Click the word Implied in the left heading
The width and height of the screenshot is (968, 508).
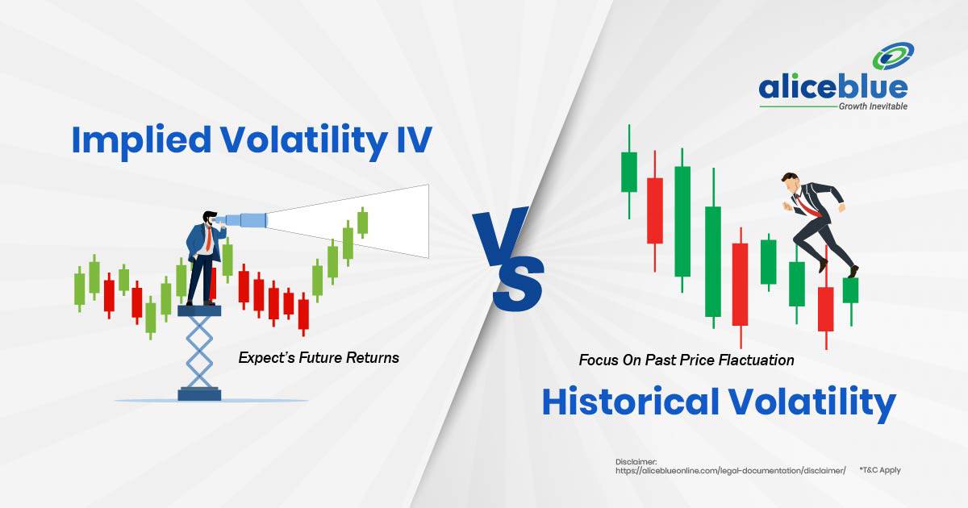141,141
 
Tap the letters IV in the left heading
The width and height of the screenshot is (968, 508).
414,140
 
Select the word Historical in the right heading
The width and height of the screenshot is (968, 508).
631,402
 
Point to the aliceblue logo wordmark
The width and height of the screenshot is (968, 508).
832,88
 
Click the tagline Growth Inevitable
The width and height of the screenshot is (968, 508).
873,106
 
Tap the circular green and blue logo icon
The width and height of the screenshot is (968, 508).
893,56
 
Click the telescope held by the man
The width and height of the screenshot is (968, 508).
242,219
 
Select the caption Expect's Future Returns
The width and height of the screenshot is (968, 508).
319,358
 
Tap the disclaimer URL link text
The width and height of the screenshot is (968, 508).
730,470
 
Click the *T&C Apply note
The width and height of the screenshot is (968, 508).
880,470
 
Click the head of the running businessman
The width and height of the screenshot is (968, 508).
790,182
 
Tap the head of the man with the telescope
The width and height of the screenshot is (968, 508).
210,219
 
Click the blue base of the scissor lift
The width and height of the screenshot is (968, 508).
199,394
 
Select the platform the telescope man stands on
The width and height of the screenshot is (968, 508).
199,310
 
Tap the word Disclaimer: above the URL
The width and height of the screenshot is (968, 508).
636,462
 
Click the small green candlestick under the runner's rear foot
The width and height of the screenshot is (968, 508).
850,290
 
